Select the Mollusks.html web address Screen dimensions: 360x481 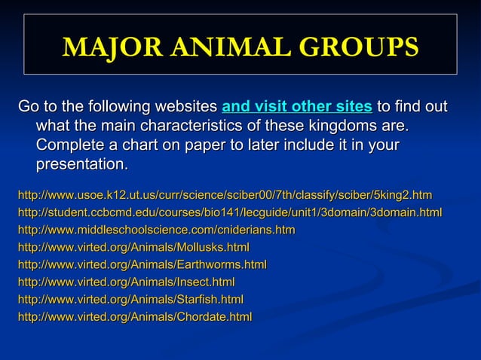point(133,247)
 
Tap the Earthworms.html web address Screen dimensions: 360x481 point(142,264)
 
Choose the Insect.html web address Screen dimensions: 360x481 point(126,282)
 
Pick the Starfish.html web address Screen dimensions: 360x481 point(130,299)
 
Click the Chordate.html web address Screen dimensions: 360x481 point(134,317)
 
